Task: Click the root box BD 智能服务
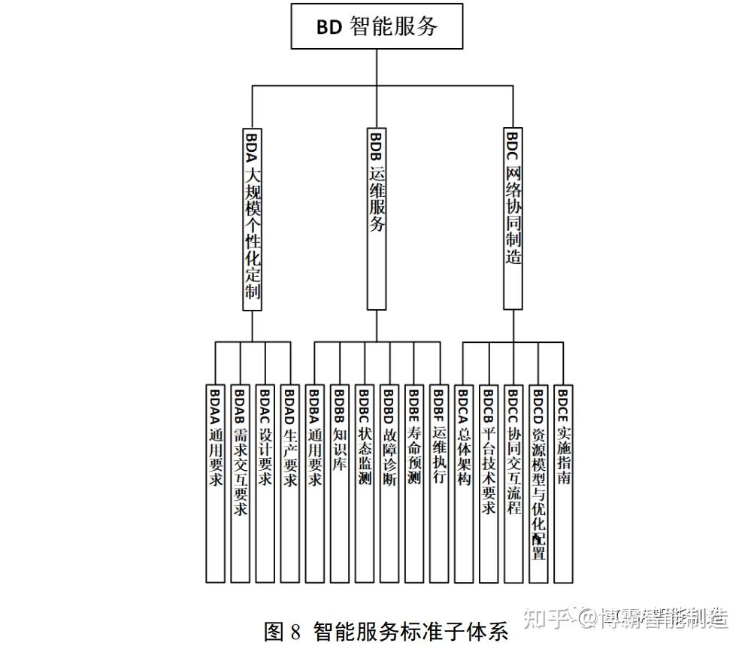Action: tap(377, 26)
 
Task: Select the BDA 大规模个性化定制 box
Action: tap(253, 219)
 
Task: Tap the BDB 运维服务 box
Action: tap(377, 219)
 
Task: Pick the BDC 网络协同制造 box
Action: tap(513, 219)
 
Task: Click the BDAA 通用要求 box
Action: tap(215, 484)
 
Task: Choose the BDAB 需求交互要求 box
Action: tap(240, 484)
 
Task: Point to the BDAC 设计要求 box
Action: tap(265, 484)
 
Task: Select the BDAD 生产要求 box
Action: tap(289, 484)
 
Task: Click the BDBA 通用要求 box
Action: tap(314, 484)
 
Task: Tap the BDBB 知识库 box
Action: tap(339, 484)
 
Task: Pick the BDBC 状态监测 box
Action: tap(365, 484)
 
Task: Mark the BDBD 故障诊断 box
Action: tap(389, 484)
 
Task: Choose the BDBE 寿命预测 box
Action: tap(414, 484)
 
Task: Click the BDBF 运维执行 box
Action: tap(439, 484)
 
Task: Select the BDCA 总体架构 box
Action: tap(464, 484)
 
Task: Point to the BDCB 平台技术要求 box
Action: tap(489, 484)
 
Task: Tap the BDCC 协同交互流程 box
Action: tap(513, 484)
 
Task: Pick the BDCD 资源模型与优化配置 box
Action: tap(538, 484)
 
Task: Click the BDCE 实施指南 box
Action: tap(563, 484)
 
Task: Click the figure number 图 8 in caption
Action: tap(282, 632)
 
